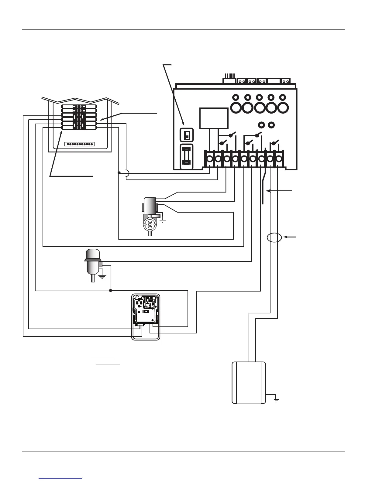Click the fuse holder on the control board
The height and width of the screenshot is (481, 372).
click(186, 157)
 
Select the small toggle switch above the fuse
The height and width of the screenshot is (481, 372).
click(186, 135)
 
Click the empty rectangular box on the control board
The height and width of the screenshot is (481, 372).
click(214, 118)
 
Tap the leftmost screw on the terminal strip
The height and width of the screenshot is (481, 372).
click(210, 159)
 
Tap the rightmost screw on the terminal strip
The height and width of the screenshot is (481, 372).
click(278, 159)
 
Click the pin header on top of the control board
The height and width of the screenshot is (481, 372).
click(229, 80)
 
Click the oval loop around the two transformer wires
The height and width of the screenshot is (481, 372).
click(274, 237)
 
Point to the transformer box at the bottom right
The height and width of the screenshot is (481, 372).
click(249, 383)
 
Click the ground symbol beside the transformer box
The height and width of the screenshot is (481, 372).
click(276, 399)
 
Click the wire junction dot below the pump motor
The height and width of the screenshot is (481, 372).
click(111, 291)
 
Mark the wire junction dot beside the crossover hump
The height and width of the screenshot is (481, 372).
click(119, 173)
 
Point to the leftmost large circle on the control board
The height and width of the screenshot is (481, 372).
click(236, 107)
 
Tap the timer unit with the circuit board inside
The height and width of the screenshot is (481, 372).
click(146, 317)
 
